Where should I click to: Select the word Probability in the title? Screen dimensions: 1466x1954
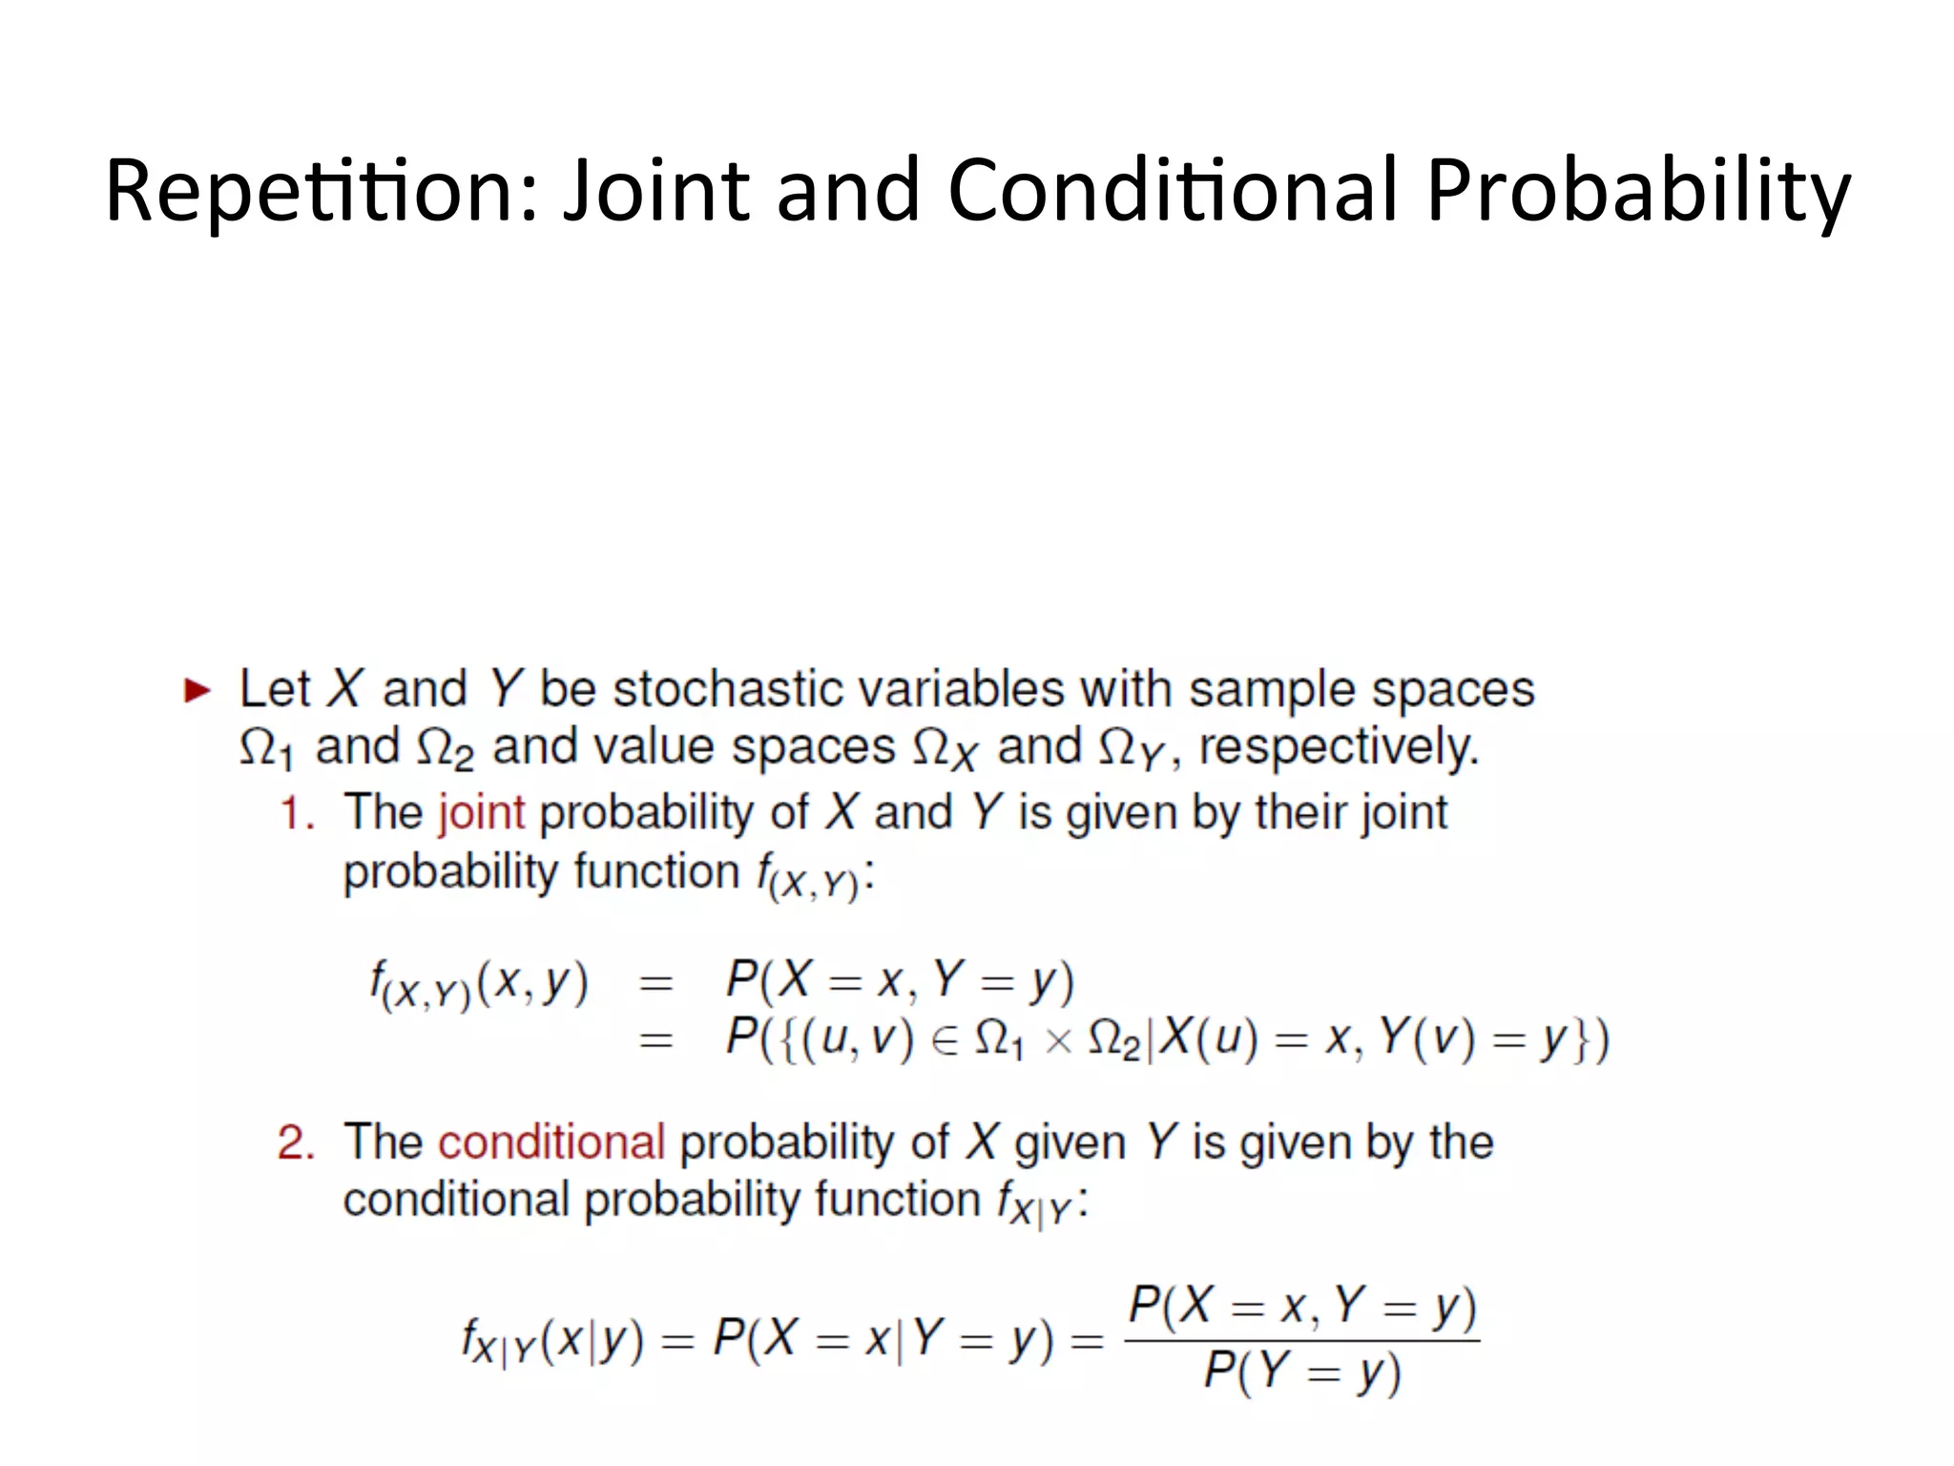pos(1637,191)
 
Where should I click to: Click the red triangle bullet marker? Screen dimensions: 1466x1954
pos(197,690)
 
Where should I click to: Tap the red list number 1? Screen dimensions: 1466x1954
pos(296,814)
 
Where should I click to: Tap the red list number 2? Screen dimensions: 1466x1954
pos(296,1142)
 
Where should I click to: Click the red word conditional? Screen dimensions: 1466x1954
pos(551,1141)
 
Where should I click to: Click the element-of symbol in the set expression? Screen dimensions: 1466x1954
pos(945,1041)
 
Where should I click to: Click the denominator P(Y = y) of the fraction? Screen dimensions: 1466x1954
pos(1301,1373)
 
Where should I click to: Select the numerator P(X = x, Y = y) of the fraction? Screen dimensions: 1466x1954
pos(1302,1307)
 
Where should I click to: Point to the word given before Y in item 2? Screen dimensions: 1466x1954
pos(1070,1143)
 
